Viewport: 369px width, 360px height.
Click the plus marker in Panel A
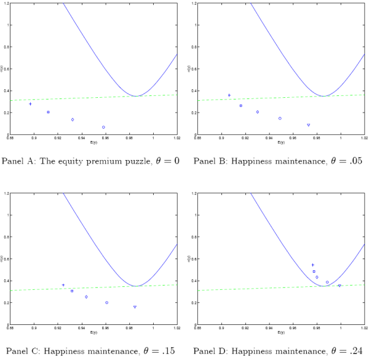[30, 103]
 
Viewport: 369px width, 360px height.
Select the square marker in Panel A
[48, 112]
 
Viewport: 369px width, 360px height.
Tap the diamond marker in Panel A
[73, 119]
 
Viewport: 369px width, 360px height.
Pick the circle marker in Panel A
[103, 127]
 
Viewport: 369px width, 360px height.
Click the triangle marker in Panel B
[308, 125]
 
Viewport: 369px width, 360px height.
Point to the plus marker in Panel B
[229, 95]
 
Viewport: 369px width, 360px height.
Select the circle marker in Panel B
[280, 118]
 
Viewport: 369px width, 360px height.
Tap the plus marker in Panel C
[63, 285]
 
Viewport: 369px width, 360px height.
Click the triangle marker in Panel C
[135, 306]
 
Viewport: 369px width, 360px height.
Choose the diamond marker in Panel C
[86, 297]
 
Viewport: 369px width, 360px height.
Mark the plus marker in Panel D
[312, 265]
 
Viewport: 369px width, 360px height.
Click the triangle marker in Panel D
[339, 286]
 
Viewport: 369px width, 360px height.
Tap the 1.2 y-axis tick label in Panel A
[5, 4]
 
